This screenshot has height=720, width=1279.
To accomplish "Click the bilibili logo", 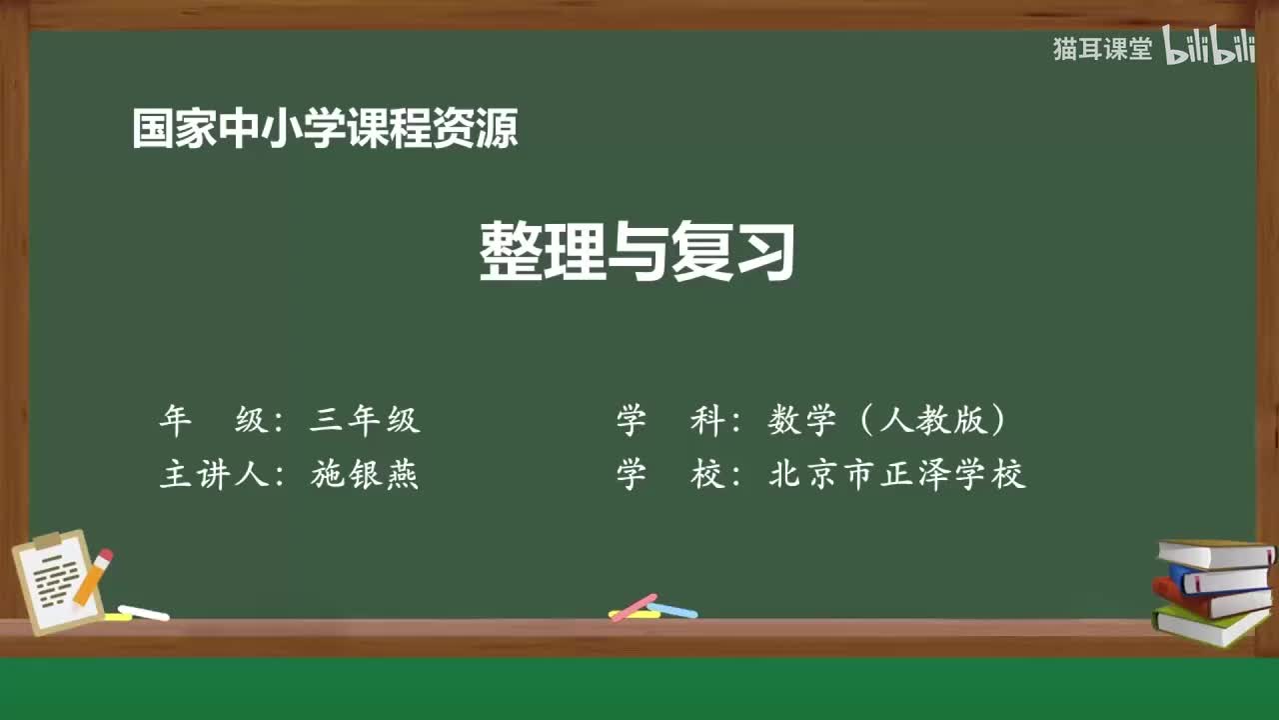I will click(1209, 48).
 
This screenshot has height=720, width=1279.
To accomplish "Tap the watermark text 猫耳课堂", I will click(1102, 49).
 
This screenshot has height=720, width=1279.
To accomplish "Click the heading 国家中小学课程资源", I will click(325, 129).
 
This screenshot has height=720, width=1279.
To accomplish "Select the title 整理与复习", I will click(638, 252).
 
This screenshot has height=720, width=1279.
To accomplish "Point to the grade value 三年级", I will click(365, 421).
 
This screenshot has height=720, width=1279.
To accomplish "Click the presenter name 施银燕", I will click(365, 475).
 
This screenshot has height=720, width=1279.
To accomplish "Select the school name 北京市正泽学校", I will click(897, 475).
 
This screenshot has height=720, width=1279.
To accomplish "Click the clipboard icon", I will click(55, 582).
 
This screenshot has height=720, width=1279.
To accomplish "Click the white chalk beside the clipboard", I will click(144, 612).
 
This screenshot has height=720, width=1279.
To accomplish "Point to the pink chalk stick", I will click(634, 606).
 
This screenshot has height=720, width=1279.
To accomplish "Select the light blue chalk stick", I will click(672, 609).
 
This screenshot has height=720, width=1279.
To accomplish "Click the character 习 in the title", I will click(764, 252).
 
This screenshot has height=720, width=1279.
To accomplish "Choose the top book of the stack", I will click(1215, 553).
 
